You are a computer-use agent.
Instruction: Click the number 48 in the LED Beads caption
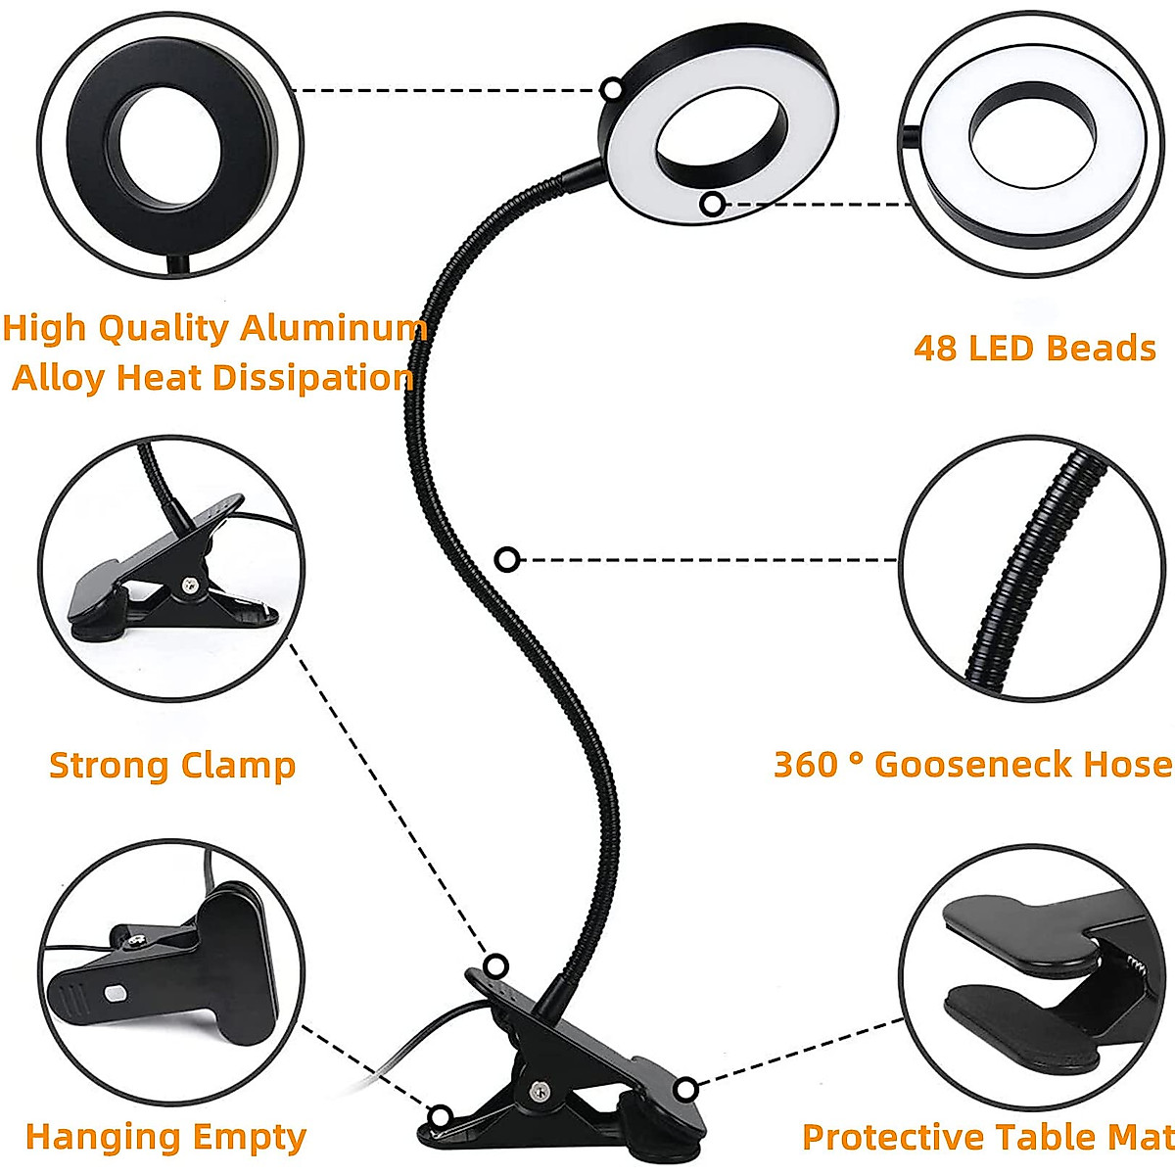pyautogui.click(x=936, y=349)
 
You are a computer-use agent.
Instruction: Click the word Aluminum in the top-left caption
pyautogui.click(x=334, y=328)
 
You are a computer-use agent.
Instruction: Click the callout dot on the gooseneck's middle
pyautogui.click(x=506, y=559)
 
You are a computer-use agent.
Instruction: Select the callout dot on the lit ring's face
pyautogui.click(x=713, y=204)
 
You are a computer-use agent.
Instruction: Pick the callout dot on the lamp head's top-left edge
pyautogui.click(x=612, y=89)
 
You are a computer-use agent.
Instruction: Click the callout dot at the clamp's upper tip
pyautogui.click(x=496, y=964)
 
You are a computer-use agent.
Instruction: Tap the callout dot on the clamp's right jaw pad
pyautogui.click(x=686, y=1089)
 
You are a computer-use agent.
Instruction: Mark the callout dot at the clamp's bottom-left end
pyautogui.click(x=441, y=1115)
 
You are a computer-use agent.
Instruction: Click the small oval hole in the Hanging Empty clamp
pyautogui.click(x=117, y=993)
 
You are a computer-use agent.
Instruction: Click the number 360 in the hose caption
pyautogui.click(x=805, y=764)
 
